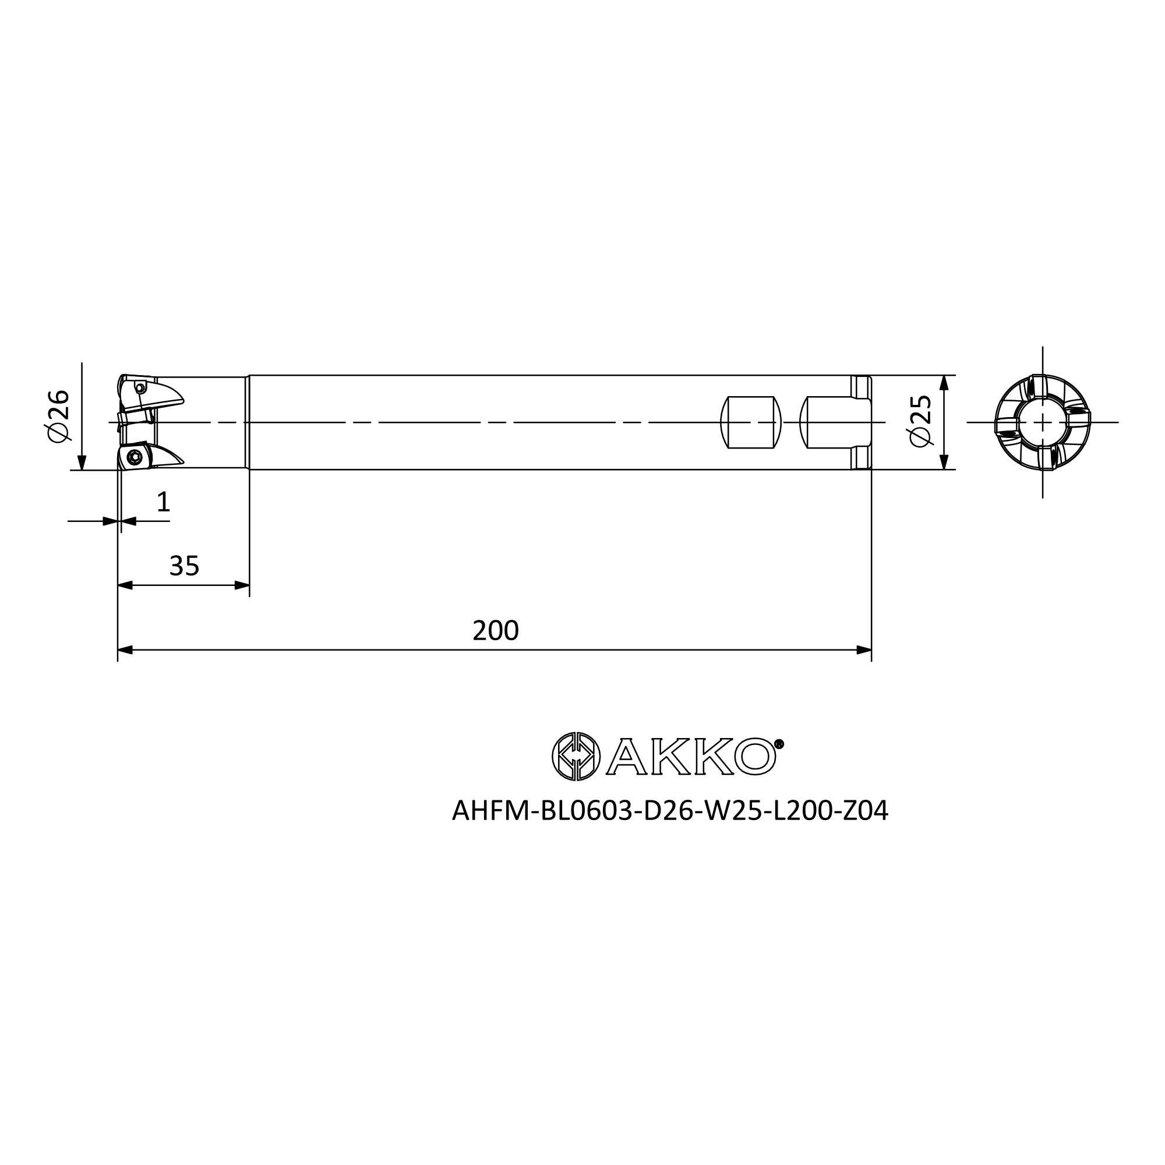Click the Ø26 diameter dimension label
(x=58, y=415)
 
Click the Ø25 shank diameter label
(x=921, y=421)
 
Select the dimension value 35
(x=184, y=566)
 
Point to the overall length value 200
(x=495, y=631)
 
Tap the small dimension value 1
(x=163, y=502)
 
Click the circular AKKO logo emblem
(x=576, y=756)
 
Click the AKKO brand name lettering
(x=691, y=756)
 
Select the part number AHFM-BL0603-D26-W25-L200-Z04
(x=670, y=811)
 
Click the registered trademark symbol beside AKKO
(x=779, y=744)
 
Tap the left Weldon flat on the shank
(x=751, y=422)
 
